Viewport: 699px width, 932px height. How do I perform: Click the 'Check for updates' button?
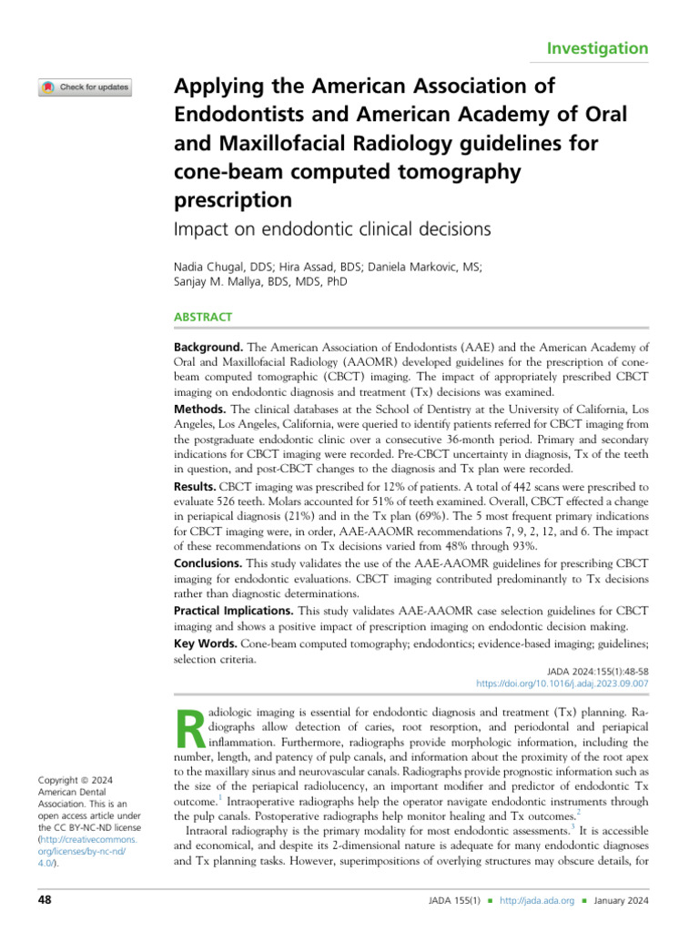(x=85, y=88)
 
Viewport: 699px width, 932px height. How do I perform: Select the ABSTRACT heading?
(x=202, y=318)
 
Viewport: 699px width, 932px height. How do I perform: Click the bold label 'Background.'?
(x=208, y=348)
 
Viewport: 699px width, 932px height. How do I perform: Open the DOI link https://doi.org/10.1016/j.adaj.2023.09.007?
(x=562, y=683)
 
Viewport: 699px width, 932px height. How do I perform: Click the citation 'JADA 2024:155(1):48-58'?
(x=597, y=669)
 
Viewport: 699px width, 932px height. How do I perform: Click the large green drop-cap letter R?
(x=186, y=724)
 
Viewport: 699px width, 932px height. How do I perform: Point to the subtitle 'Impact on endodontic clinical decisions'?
(x=331, y=229)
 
